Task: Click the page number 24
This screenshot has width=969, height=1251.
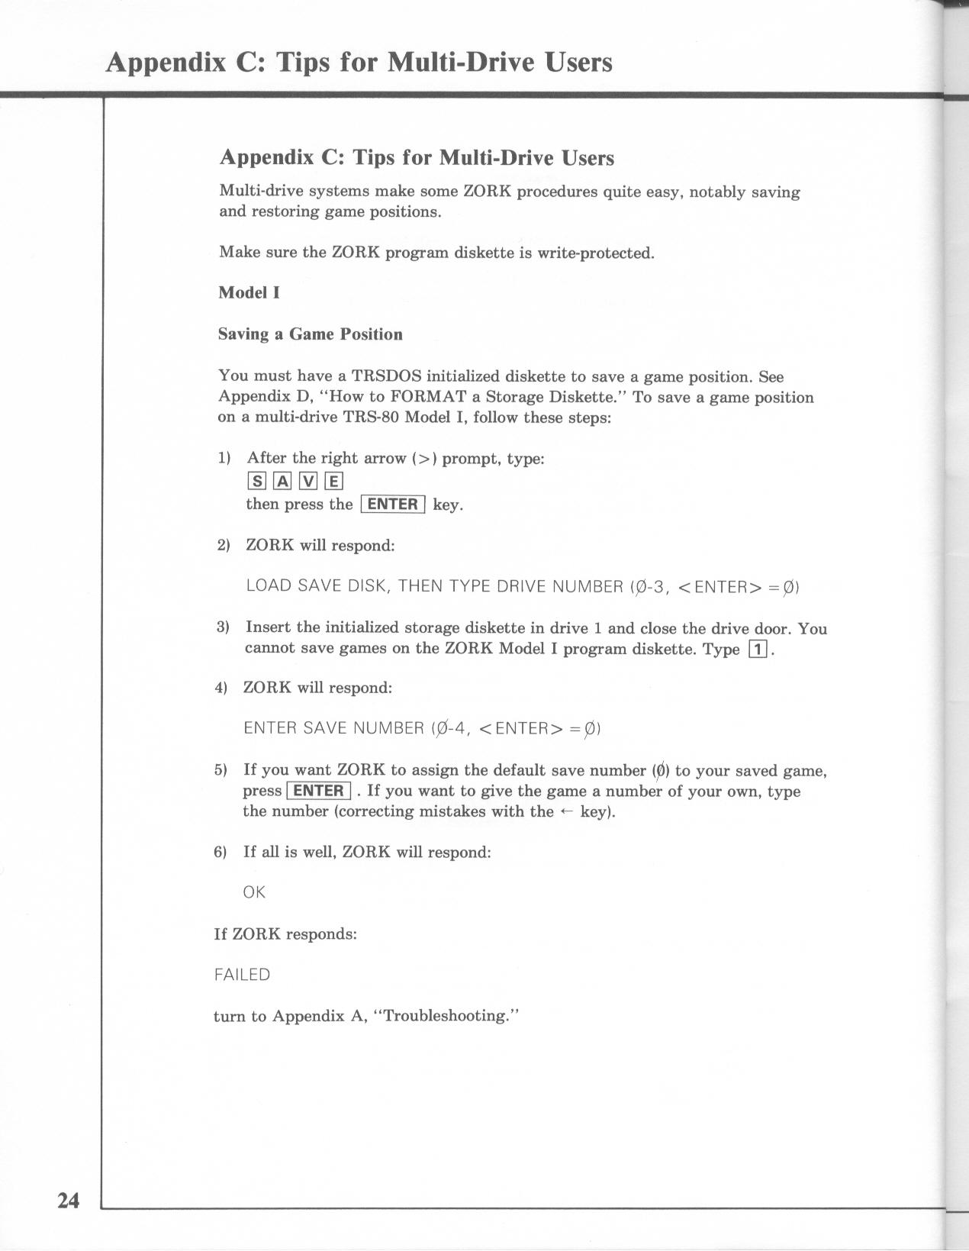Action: click(x=68, y=1201)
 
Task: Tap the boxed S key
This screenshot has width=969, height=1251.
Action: click(x=255, y=481)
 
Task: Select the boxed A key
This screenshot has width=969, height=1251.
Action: click(x=282, y=481)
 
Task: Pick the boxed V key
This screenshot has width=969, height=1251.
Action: click(x=307, y=481)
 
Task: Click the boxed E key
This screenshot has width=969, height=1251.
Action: click(x=333, y=481)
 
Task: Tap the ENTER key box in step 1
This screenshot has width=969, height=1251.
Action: click(x=392, y=505)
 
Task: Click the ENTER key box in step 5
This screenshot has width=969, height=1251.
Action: click(x=318, y=791)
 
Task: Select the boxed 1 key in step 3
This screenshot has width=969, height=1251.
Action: click(x=758, y=650)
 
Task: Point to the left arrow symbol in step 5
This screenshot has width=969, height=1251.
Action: click(x=566, y=811)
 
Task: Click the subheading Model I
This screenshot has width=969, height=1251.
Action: click(x=249, y=292)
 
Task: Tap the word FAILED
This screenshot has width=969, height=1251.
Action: click(x=242, y=975)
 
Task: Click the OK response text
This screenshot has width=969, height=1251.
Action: click(x=254, y=892)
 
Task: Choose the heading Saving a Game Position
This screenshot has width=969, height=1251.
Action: click(x=310, y=334)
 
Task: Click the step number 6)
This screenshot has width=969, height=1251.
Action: click(x=221, y=852)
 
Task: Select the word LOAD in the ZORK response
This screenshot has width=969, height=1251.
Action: click(x=269, y=586)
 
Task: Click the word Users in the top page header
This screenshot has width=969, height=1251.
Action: click(x=578, y=62)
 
